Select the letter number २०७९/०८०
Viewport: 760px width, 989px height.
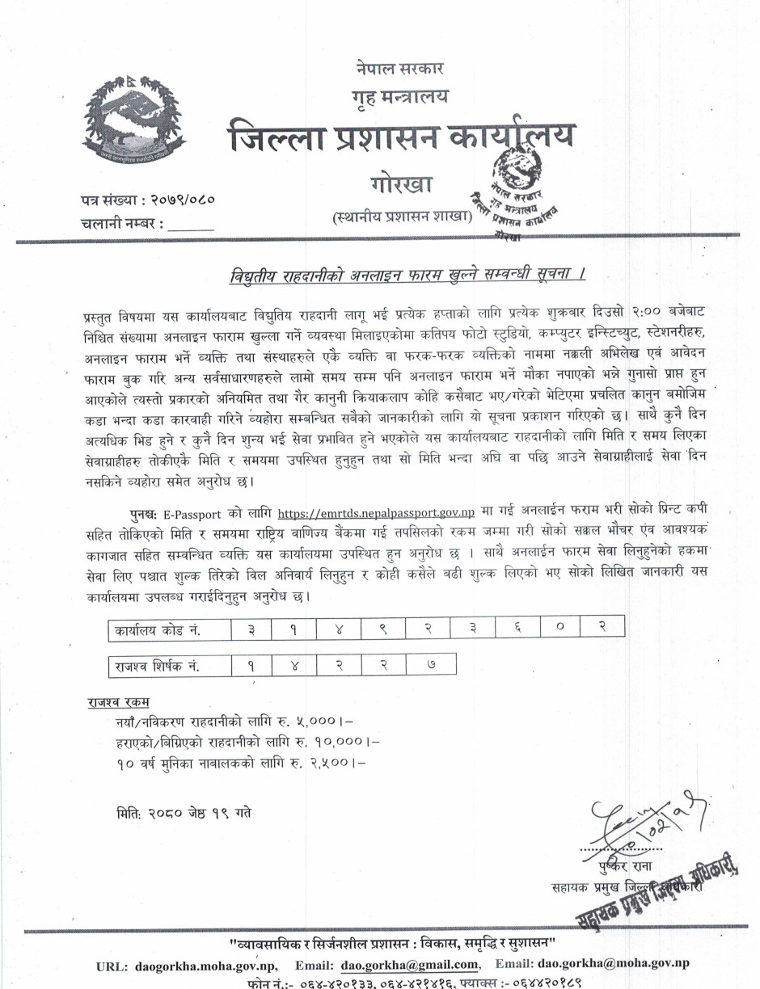(179, 198)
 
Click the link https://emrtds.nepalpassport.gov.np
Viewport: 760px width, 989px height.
(376, 512)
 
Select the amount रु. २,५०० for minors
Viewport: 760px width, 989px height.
(328, 760)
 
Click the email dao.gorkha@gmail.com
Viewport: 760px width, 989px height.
(409, 963)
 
